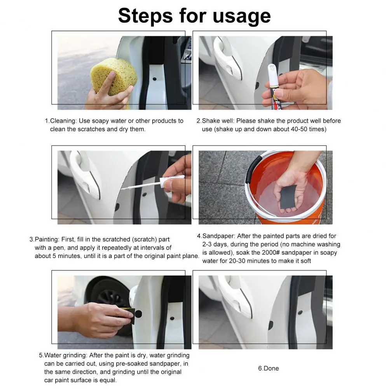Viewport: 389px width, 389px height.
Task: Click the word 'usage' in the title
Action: [241, 16]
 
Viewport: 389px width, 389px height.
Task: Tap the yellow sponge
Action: [113, 77]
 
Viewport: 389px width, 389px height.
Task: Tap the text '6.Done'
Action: [269, 368]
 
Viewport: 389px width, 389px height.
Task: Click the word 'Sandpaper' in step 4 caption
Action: [218, 236]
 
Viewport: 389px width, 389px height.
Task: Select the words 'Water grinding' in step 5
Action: [66, 356]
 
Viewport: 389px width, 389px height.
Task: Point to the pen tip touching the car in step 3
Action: [122, 189]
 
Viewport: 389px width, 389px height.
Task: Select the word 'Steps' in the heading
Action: [146, 16]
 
